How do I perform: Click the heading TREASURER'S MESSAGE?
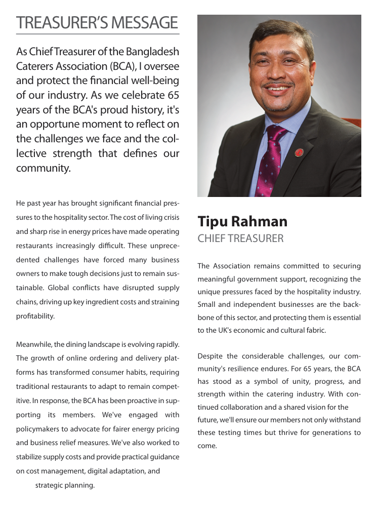[97, 22]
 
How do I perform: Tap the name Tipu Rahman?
[242, 222]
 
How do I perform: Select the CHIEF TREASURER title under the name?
[240, 238]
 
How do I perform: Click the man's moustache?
[279, 85]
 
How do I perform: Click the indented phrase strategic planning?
[65, 485]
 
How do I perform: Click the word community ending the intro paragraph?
[43, 168]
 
